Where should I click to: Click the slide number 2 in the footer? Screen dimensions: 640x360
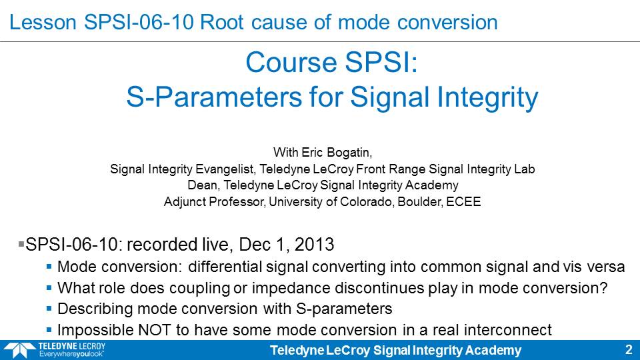pos(629,350)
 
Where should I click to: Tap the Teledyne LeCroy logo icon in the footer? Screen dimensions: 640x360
pos(19,350)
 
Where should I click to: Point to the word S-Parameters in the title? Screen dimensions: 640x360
pos(215,97)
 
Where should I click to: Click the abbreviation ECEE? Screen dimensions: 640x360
pos(463,201)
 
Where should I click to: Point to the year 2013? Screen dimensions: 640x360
pos(314,245)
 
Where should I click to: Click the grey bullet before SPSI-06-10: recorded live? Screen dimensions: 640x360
pos(21,244)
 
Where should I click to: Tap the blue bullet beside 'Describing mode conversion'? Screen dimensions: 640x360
pos(49,309)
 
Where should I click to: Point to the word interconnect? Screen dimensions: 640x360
pos(508,330)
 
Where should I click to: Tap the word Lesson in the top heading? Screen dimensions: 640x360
pos(43,22)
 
